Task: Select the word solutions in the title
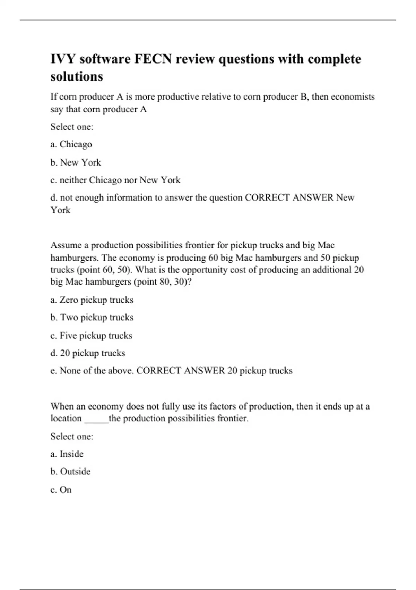(x=77, y=76)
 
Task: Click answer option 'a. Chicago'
(x=71, y=144)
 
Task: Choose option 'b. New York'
(x=76, y=162)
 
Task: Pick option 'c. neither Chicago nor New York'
(x=115, y=180)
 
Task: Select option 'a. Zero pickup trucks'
(x=92, y=300)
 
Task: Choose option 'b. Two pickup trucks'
(x=92, y=318)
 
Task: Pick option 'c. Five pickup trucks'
(x=91, y=336)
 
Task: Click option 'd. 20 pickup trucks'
(x=88, y=353)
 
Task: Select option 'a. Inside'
(x=67, y=454)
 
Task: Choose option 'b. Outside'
(x=70, y=472)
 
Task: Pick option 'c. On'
(x=61, y=490)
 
